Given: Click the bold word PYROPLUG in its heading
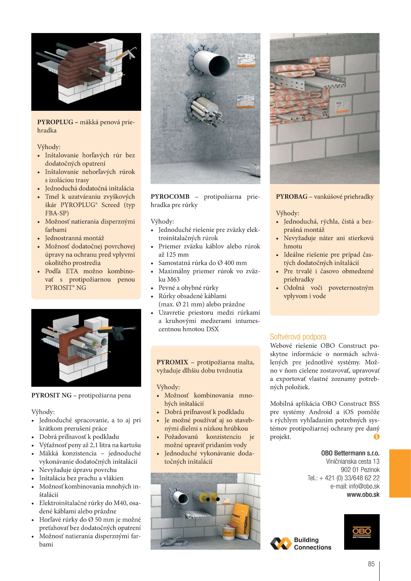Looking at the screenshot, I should click(x=55, y=122).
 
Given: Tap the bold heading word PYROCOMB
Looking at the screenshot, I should click(x=170, y=197).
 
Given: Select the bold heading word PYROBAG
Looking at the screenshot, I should click(x=291, y=197).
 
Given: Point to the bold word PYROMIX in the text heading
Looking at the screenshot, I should click(x=172, y=362).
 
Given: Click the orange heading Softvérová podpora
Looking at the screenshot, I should click(x=298, y=337).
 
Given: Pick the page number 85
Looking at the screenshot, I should click(x=371, y=564).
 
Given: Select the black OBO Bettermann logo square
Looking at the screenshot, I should click(x=362, y=532).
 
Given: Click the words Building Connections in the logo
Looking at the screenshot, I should click(x=312, y=543).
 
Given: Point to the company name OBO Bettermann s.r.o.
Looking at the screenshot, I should click(x=350, y=453).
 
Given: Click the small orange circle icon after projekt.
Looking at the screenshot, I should click(x=376, y=436).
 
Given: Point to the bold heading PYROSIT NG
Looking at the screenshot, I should click(x=51, y=395).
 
